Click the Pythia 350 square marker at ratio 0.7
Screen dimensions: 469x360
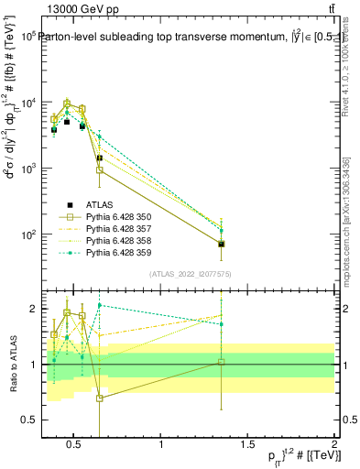point(99,398)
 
